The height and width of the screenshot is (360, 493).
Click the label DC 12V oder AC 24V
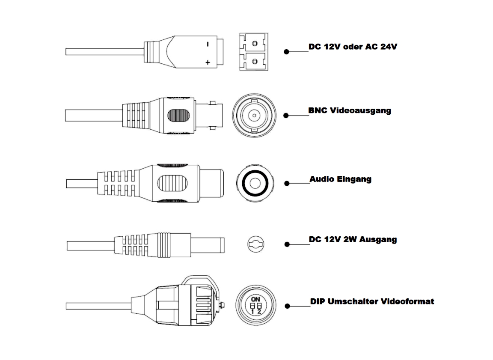[353, 46]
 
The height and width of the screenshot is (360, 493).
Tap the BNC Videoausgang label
[350, 110]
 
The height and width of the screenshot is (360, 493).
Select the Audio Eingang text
[340, 179]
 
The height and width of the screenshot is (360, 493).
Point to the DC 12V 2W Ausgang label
[353, 240]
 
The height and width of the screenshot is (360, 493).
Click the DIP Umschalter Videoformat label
[372, 301]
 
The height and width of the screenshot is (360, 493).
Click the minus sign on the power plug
[208, 44]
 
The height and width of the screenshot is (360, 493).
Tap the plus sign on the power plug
[208, 63]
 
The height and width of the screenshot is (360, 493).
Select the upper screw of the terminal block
[255, 43]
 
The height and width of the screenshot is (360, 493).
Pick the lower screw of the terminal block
[255, 61]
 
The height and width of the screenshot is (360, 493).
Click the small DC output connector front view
[255, 244]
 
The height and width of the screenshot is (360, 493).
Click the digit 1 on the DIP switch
[253, 312]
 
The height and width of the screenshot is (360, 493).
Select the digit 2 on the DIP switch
[259, 312]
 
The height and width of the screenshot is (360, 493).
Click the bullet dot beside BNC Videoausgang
[287, 115]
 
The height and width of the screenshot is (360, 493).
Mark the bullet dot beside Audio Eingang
[287, 184]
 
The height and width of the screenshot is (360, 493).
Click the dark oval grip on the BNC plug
[178, 116]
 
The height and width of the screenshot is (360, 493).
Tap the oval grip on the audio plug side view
[172, 184]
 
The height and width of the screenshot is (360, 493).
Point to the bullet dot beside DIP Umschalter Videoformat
[288, 306]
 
